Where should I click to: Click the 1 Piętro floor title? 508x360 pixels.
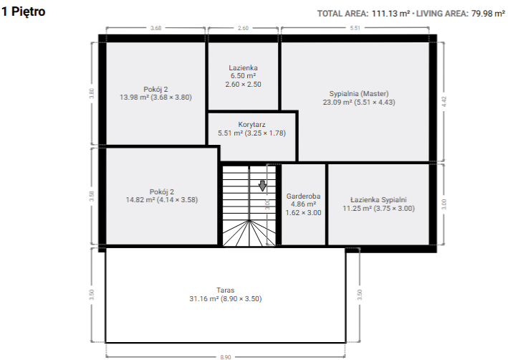(x=23, y=11)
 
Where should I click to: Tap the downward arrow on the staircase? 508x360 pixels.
(x=262, y=186)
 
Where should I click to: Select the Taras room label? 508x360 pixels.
(x=226, y=290)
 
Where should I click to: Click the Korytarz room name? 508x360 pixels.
(x=251, y=125)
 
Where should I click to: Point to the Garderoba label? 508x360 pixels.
(x=303, y=196)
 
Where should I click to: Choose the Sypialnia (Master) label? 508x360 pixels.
(x=359, y=94)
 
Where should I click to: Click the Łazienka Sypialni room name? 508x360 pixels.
(x=378, y=200)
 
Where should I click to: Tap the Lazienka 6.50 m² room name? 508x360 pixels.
(x=244, y=68)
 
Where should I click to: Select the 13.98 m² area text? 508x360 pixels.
(x=134, y=98)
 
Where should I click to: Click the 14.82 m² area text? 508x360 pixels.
(x=140, y=200)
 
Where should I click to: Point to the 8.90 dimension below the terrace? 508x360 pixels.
(x=226, y=357)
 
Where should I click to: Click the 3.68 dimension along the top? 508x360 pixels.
(x=155, y=28)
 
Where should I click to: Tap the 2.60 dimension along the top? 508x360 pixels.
(x=243, y=28)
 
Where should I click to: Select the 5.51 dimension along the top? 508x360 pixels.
(x=355, y=28)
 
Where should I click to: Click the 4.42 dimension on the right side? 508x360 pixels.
(x=444, y=102)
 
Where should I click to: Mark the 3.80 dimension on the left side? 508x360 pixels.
(x=92, y=93)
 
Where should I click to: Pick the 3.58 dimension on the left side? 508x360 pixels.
(x=92, y=196)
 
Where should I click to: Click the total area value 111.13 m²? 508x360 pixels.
(x=390, y=14)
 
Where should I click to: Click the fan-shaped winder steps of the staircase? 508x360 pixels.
(x=249, y=233)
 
